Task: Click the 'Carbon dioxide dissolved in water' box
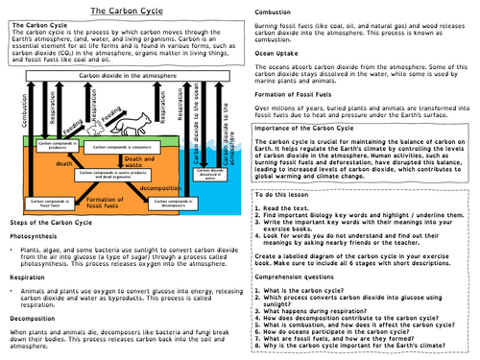click(x=209, y=175)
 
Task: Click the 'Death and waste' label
click(x=134, y=160)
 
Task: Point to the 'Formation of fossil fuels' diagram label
click(x=100, y=200)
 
